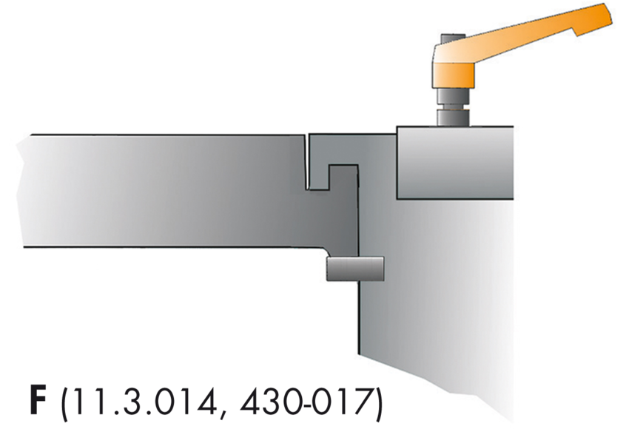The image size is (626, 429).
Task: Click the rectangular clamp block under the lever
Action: coord(454,163)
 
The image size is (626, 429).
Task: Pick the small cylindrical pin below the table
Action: coord(355,268)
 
